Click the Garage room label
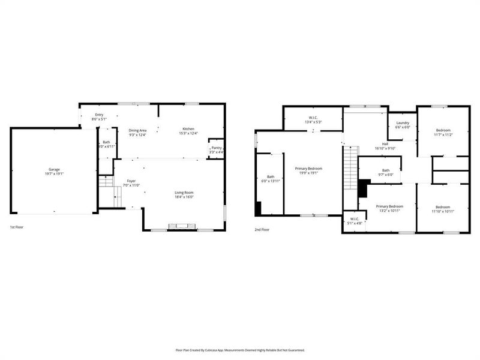coord(54,169)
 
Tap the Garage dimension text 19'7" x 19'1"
coord(54,174)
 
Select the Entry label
coord(99,115)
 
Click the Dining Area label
coord(138,130)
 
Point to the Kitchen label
coord(188,129)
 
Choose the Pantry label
coord(217,148)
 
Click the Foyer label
coord(131,181)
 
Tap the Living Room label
coord(184,192)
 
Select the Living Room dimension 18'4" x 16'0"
coord(184,197)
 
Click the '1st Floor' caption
coord(17,228)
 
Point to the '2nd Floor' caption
coord(263,229)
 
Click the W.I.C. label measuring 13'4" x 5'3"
coord(313,117)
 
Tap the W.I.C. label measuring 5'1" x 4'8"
coord(355,218)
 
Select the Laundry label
coord(402,122)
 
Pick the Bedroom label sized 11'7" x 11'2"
coord(443,130)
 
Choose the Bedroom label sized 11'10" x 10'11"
coord(443,207)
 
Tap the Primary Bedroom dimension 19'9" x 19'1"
coord(308,173)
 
